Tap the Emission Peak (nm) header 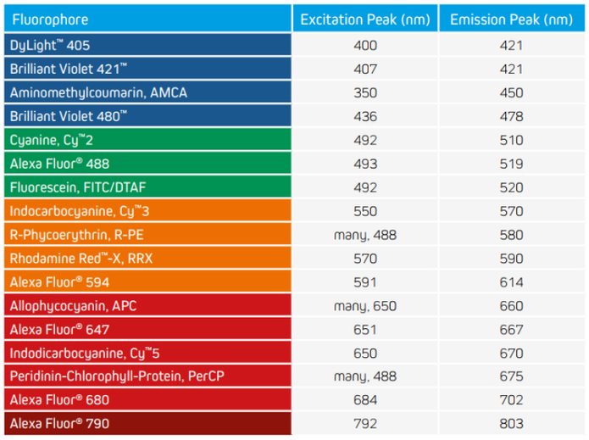pyautogui.click(x=511, y=19)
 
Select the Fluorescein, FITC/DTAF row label pyautogui.click(x=75, y=187)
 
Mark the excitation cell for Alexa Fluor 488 pyautogui.click(x=365, y=163)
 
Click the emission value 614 pyautogui.click(x=512, y=281)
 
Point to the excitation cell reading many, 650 pyautogui.click(x=365, y=304)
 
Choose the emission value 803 pyautogui.click(x=512, y=423)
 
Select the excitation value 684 pyautogui.click(x=365, y=399)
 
